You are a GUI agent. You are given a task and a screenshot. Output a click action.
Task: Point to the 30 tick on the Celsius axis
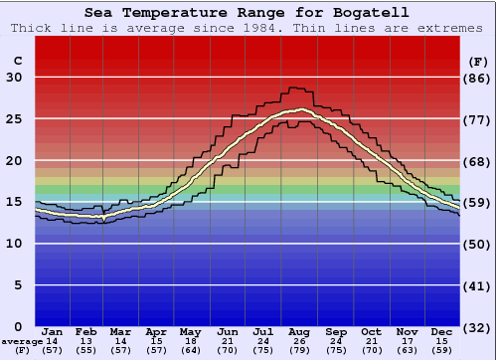[13, 78]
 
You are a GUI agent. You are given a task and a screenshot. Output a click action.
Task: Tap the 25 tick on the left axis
[13, 119]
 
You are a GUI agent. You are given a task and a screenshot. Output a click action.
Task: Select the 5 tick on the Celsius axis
[18, 285]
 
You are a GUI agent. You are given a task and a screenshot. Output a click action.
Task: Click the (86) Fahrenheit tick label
[478, 78]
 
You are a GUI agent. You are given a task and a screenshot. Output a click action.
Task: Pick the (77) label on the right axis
[478, 119]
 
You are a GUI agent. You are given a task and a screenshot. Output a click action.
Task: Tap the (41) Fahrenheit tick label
[478, 285]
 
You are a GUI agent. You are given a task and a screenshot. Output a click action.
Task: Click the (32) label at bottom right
[478, 327]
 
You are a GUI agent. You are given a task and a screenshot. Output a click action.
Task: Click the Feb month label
[87, 331]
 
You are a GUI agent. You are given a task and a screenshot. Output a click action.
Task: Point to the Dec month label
[442, 331]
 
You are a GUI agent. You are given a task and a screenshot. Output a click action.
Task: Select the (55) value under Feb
[87, 350]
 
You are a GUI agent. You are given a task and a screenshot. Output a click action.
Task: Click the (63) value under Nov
[408, 350]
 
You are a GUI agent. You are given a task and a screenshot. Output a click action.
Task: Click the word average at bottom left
[21, 341]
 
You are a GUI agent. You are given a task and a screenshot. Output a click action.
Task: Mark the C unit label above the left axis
[17, 61]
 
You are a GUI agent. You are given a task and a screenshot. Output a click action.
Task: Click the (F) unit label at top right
[478, 61]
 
